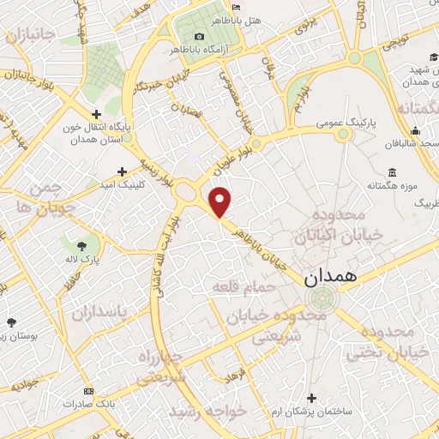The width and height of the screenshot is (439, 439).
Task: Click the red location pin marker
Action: [x=221, y=201]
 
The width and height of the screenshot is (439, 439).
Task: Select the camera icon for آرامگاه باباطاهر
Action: [x=200, y=36]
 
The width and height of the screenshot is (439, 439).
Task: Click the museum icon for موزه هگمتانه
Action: [x=392, y=172]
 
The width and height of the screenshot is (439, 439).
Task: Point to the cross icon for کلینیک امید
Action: [x=123, y=171]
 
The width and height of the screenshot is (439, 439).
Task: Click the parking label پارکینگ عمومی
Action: [x=317, y=123]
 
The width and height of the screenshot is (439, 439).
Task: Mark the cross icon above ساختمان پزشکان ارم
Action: [x=311, y=398]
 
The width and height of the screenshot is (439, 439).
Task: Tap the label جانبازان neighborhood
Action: [x=29, y=36]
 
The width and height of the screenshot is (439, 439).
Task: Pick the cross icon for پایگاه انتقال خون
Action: [x=97, y=113]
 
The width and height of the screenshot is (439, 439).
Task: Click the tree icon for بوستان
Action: [x=10, y=322]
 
